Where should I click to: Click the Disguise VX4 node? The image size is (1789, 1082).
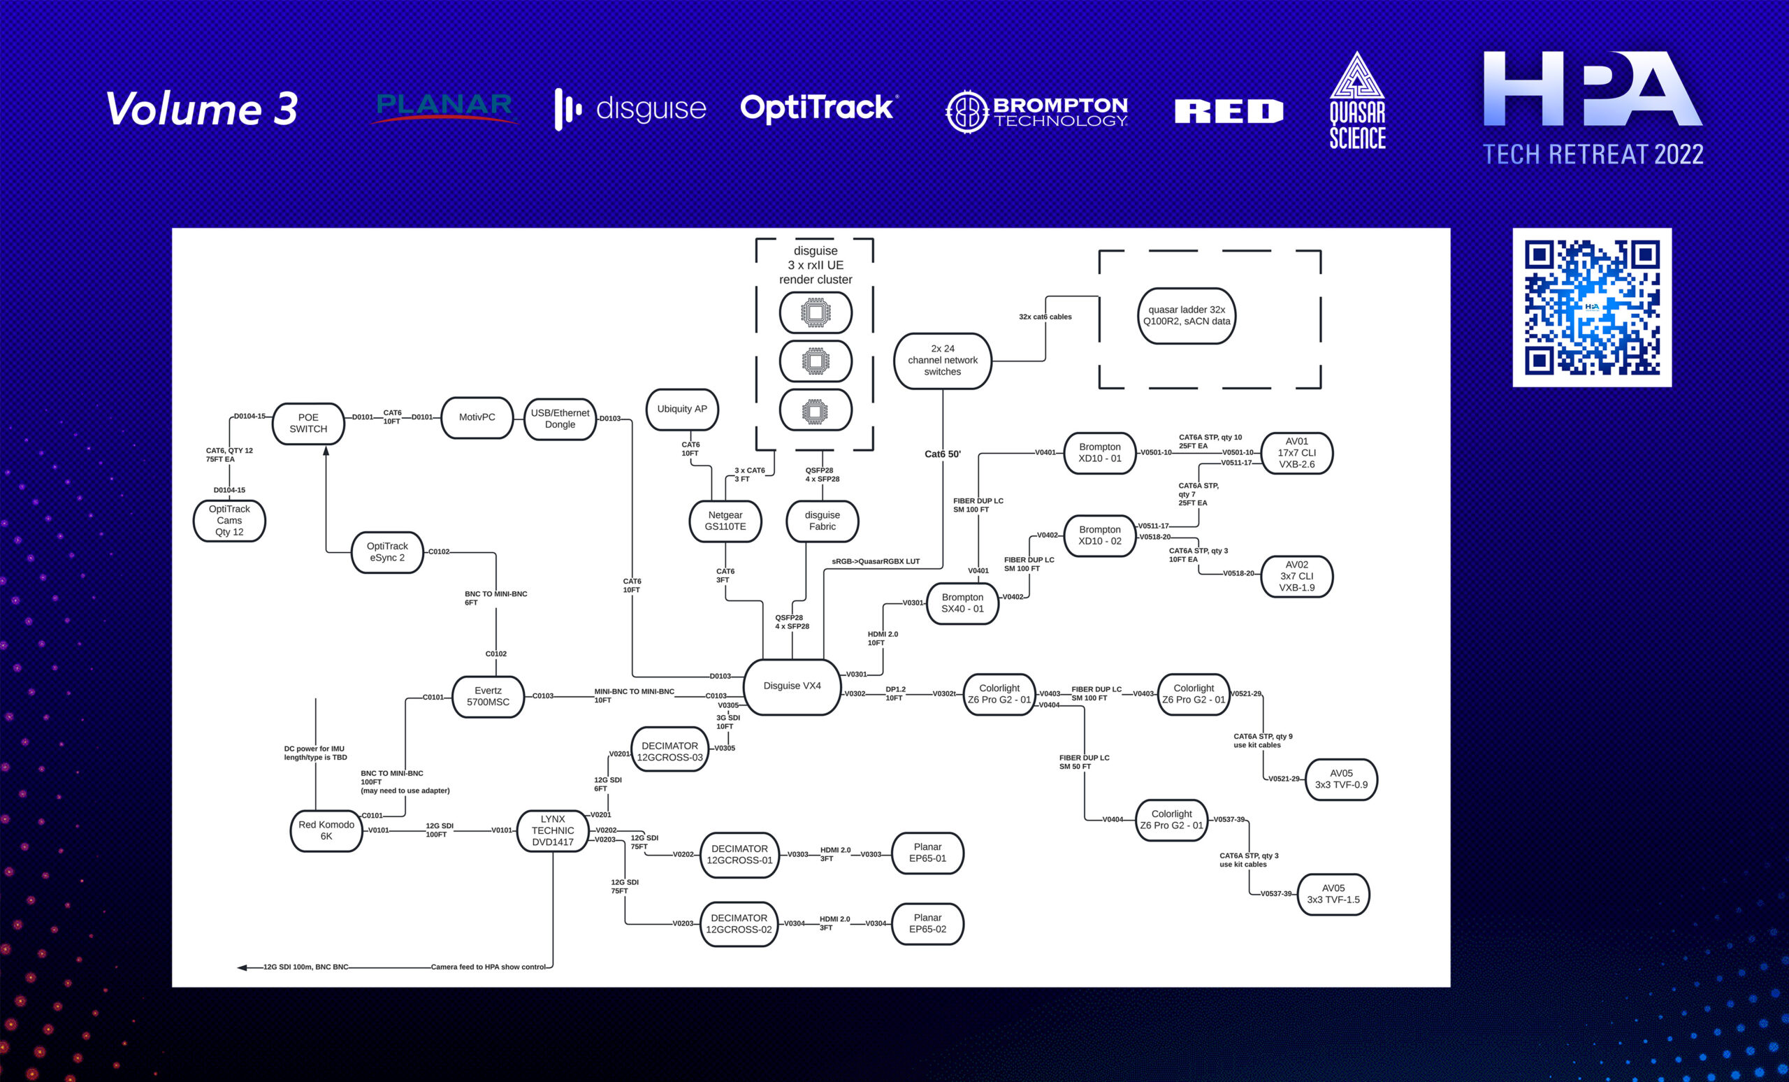click(792, 686)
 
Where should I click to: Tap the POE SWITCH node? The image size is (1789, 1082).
click(308, 424)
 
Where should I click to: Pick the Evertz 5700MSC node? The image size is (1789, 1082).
click(488, 696)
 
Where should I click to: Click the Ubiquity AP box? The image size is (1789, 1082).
click(682, 409)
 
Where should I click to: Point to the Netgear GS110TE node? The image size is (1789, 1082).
click(725, 521)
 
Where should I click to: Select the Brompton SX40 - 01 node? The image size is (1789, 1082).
click(963, 603)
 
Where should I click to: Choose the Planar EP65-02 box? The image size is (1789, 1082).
click(927, 924)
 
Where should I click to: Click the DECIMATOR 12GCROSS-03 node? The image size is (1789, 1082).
click(669, 751)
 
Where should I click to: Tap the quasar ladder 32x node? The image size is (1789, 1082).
click(1187, 315)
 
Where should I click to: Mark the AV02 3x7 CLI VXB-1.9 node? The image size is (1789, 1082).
click(1297, 576)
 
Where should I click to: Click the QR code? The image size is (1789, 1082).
click(1591, 307)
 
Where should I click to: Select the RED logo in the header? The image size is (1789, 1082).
click(1229, 110)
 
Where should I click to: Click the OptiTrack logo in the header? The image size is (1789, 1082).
click(819, 108)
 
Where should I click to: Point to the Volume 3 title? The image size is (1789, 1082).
click(202, 109)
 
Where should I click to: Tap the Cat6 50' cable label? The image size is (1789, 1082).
click(943, 454)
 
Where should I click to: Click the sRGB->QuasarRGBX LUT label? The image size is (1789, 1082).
click(876, 561)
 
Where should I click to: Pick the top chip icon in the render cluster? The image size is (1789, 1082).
click(816, 312)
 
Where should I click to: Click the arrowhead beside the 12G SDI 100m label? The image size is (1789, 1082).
click(242, 967)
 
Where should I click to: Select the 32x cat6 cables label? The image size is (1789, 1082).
click(1045, 317)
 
